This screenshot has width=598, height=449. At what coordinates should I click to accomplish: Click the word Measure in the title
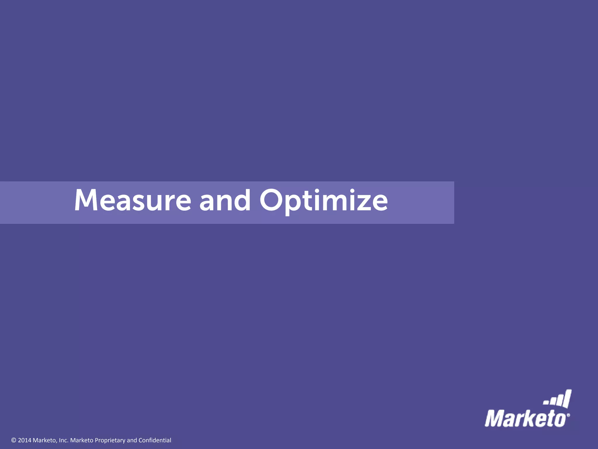pyautogui.click(x=133, y=200)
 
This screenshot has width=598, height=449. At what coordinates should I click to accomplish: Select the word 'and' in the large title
pyautogui.click(x=225, y=200)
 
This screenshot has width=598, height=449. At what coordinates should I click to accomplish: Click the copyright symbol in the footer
pyautogui.click(x=13, y=440)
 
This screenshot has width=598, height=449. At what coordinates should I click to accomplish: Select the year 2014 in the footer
pyautogui.click(x=25, y=440)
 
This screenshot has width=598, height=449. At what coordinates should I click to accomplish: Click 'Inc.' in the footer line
pyautogui.click(x=63, y=440)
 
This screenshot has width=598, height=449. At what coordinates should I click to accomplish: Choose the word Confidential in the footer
pyautogui.click(x=155, y=440)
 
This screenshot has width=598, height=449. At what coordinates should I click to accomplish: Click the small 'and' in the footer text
pyautogui.click(x=132, y=440)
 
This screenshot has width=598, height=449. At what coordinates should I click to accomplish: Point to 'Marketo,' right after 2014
pyautogui.click(x=45, y=440)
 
